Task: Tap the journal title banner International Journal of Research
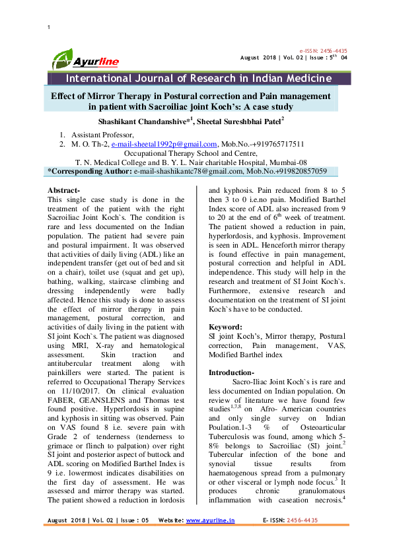point(190,79)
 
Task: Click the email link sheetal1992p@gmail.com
point(164,144)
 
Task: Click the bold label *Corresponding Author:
point(89,170)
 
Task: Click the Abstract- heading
point(64,190)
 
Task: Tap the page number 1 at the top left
point(50,26)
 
